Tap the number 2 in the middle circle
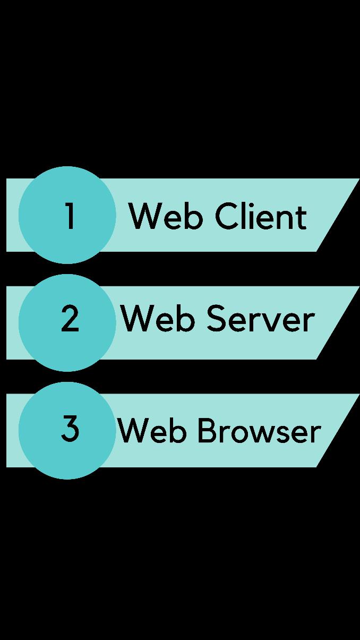[x=70, y=319]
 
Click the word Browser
[x=259, y=430]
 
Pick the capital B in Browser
[x=208, y=430]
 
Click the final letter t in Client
[x=302, y=218]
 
